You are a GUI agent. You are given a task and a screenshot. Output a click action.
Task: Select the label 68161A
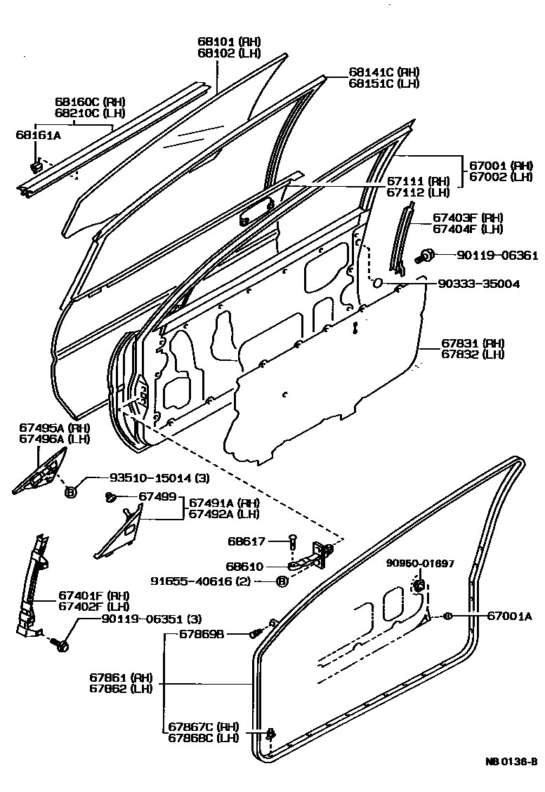(x=39, y=134)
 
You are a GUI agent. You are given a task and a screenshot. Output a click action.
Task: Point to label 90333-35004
(x=479, y=284)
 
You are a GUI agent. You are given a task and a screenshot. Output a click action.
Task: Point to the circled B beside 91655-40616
(x=282, y=581)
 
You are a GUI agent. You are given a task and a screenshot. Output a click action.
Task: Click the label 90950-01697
(x=420, y=563)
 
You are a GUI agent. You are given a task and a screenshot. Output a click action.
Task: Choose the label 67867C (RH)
(x=204, y=726)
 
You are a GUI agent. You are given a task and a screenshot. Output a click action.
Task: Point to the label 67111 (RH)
(x=419, y=180)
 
